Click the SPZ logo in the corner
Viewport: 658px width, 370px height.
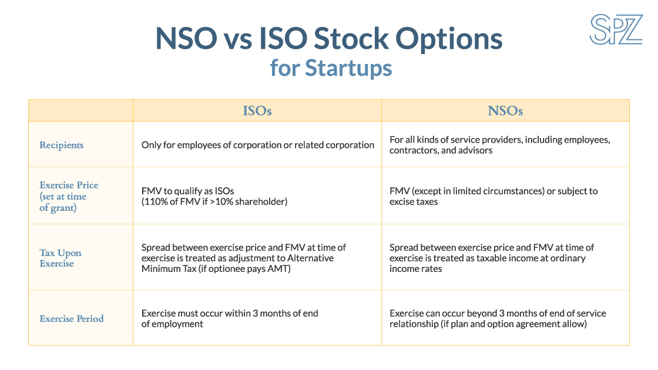point(616,29)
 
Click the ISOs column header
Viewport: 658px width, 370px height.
point(257,111)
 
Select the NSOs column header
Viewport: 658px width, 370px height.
point(505,111)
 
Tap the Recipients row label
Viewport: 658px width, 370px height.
point(61,145)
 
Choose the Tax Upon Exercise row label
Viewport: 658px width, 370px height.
point(61,258)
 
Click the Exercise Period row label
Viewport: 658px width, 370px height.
point(72,319)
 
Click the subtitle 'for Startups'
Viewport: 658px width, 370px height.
point(331,68)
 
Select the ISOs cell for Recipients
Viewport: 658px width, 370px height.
point(257,145)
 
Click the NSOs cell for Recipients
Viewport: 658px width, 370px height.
point(500,145)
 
